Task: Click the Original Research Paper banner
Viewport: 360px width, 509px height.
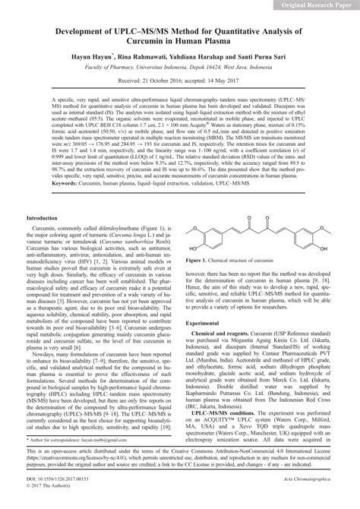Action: (x=311, y=6)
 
